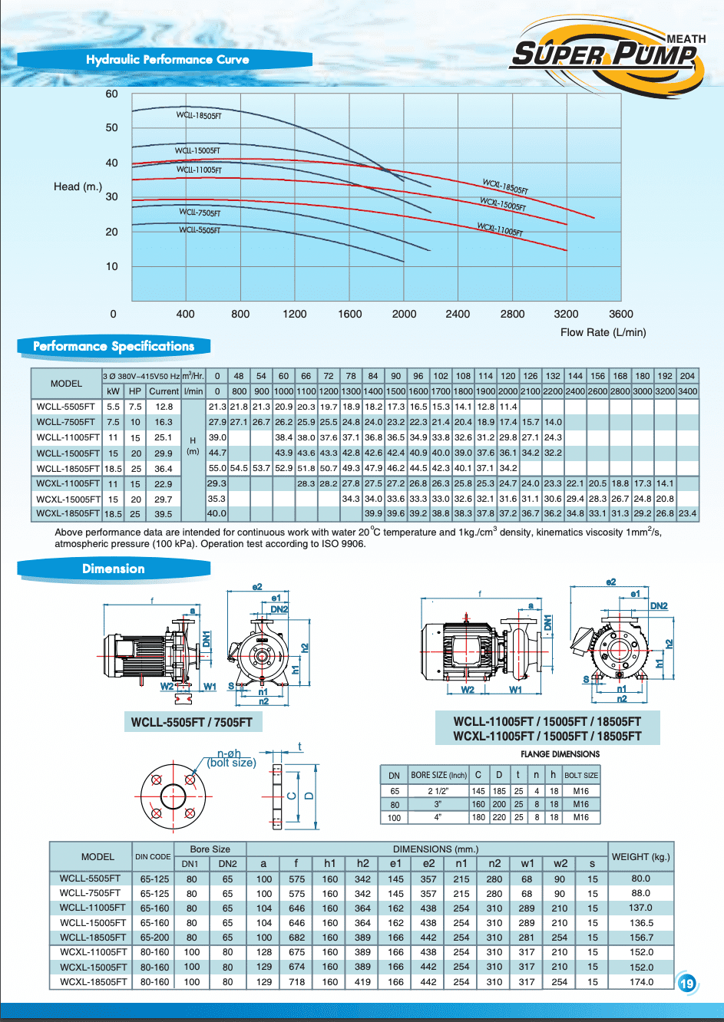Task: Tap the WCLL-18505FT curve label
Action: click(199, 116)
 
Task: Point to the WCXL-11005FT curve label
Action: click(500, 229)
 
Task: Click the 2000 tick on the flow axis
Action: click(404, 314)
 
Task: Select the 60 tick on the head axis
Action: click(112, 94)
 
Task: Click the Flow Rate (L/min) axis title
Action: click(603, 332)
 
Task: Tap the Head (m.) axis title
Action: click(78, 186)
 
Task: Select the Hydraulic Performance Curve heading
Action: click(167, 60)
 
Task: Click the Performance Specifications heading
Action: click(114, 347)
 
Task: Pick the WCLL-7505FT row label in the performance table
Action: click(66, 422)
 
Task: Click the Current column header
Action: click(164, 391)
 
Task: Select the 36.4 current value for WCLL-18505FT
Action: click(164, 469)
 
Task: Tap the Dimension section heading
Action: click(114, 569)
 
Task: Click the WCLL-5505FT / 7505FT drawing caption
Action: click(191, 722)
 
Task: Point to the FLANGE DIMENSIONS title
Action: click(560, 754)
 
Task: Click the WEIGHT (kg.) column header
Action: click(640, 856)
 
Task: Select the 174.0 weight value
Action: click(641, 981)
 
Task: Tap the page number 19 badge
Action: click(686, 983)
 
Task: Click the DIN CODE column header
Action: click(153, 857)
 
